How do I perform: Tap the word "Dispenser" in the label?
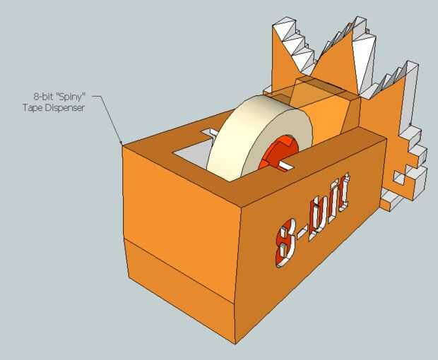(66, 108)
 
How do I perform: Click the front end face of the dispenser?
(180, 254)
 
